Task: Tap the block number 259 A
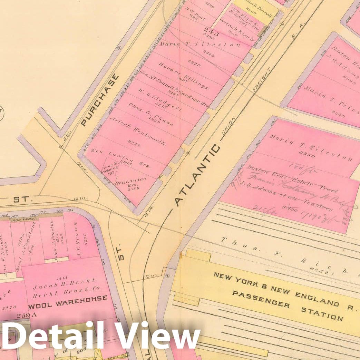pyautogui.click(x=26, y=315)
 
